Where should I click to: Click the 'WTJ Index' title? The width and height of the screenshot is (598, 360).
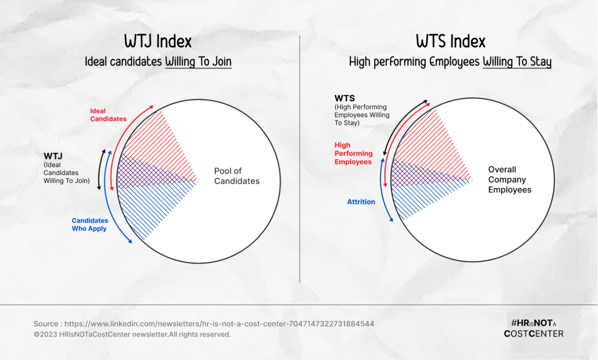coord(158,41)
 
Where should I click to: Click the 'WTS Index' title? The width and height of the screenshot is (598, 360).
coord(451,41)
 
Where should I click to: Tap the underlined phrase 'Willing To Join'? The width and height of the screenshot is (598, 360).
coord(198,62)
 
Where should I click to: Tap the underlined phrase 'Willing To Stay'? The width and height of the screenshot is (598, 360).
coord(517,62)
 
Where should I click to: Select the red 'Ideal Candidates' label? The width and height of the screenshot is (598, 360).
coord(108,115)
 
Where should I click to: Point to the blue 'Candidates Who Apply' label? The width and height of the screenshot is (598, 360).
coord(90,224)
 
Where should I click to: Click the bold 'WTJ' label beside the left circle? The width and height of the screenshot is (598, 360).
coord(52,156)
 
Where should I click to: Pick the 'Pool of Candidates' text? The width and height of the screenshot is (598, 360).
coord(237,176)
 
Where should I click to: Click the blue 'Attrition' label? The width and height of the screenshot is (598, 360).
coord(361,202)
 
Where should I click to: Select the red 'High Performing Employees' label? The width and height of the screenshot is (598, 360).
coord(353,153)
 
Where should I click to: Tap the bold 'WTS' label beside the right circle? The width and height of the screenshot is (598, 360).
coord(345,98)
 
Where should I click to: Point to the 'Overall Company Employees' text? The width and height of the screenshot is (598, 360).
coord(510,179)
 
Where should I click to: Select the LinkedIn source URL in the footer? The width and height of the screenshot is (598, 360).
coord(219,323)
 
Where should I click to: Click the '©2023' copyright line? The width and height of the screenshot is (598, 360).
coord(132,334)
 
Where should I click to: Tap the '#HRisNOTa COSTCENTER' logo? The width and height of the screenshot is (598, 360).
coord(534,328)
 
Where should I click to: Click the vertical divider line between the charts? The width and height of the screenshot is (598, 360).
coord(300,160)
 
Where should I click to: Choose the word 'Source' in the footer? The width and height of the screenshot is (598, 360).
coord(45,323)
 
